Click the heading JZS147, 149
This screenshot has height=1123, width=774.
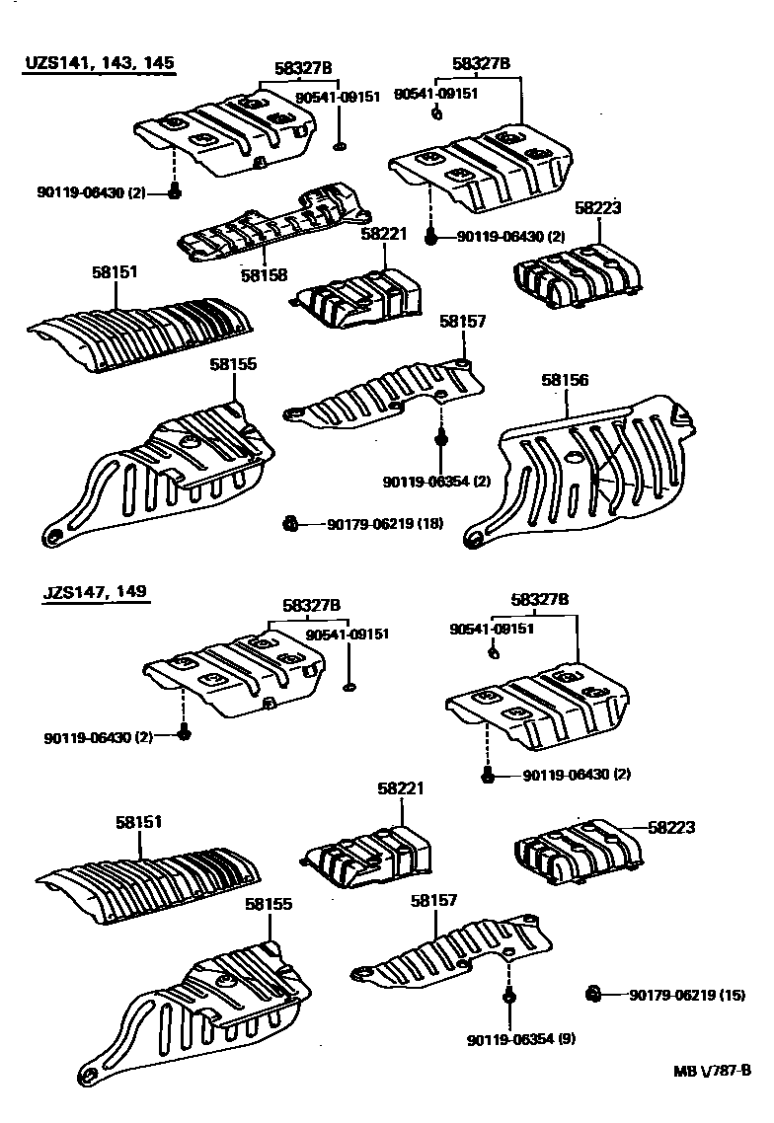(x=95, y=592)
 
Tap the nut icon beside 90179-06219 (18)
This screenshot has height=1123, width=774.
(x=290, y=523)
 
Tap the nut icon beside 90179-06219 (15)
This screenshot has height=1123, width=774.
(x=593, y=994)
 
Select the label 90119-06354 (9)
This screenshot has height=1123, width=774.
(x=522, y=1039)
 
